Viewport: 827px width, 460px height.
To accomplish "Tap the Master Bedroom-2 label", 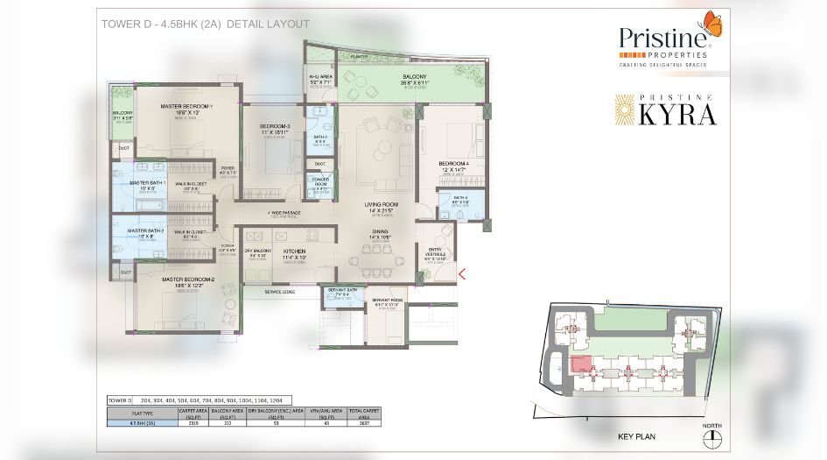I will [186, 281].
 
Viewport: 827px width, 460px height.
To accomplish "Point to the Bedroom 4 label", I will [453, 165].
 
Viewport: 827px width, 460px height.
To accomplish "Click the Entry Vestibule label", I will [435, 253].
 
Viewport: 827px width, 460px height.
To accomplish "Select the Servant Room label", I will [386, 301].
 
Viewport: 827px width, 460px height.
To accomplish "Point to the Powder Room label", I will [319, 180].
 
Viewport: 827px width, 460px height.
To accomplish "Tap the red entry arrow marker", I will [462, 274].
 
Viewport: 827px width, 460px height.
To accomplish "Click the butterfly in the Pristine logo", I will [712, 26].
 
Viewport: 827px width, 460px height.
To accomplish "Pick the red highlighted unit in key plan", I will [579, 366].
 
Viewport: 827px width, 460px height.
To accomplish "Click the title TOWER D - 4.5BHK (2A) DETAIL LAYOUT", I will [206, 24].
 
